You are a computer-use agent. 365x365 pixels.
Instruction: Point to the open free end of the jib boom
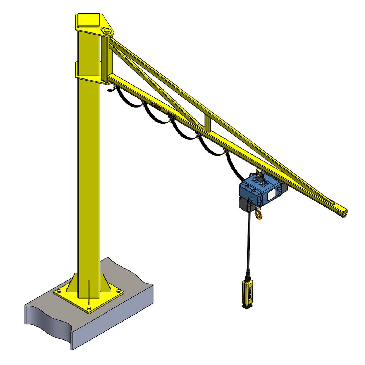(343, 213)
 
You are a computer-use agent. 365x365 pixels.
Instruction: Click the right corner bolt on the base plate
(119, 291)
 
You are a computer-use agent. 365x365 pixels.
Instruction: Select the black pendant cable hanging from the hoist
(249, 245)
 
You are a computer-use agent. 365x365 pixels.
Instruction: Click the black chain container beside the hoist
(245, 203)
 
